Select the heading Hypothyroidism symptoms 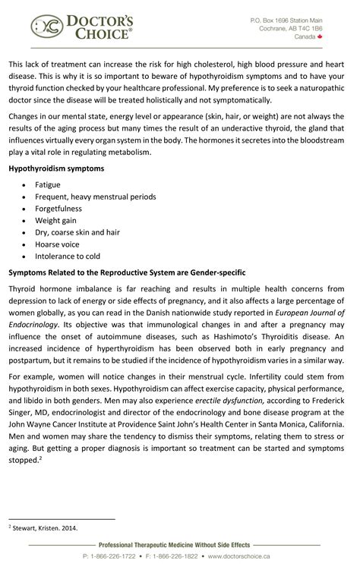[x=56, y=168]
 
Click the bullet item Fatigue [x=48, y=184]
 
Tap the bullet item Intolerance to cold [x=68, y=257]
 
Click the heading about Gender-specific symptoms [x=137, y=272]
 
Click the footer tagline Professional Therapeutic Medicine [x=179, y=545]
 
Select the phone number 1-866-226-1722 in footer [x=113, y=557]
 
